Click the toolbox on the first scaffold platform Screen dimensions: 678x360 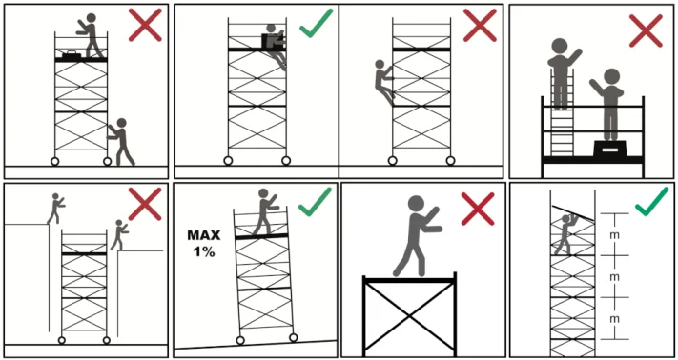coord(70,55)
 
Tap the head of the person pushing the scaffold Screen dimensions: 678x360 coord(121,123)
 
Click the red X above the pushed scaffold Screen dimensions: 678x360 coord(145,25)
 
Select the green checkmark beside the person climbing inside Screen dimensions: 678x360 coord(316,23)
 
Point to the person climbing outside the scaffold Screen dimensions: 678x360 coord(383,82)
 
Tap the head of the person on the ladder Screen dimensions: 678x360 coord(560,46)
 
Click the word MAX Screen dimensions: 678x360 coord(204,235)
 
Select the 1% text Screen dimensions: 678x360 coord(204,252)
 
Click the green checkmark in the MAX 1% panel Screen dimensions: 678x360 coord(315,202)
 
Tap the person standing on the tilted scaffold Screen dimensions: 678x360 coord(263,211)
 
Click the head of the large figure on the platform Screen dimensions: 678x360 coord(416,204)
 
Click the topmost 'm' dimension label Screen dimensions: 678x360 coord(614,234)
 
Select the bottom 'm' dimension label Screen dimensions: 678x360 coord(614,318)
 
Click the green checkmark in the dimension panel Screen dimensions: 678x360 coord(651,201)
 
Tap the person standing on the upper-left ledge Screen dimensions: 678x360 coord(55,209)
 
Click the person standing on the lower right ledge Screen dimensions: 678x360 coord(118,235)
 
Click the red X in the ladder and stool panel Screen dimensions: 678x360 coord(646,30)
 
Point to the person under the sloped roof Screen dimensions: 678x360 coord(565,234)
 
